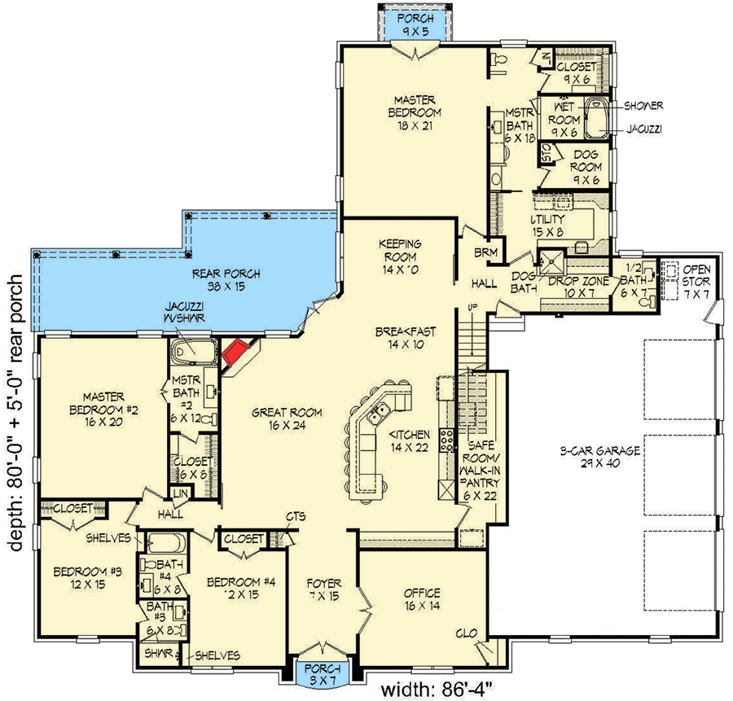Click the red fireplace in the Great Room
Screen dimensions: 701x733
coord(235,353)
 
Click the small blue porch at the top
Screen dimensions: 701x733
coord(416,24)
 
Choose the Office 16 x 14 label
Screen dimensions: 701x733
coord(421,598)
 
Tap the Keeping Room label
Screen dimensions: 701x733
coord(399,250)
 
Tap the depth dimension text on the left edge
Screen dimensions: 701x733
coord(15,415)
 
